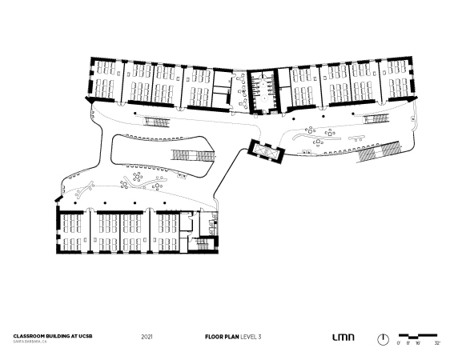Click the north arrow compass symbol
point(383,339)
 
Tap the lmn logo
point(343,337)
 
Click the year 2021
point(147,337)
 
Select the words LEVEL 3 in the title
point(251,337)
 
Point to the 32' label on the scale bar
point(437,343)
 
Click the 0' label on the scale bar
point(398,343)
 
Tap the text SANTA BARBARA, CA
point(30,342)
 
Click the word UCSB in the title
point(86,336)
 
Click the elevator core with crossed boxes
point(266,151)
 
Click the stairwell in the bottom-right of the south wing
point(203,246)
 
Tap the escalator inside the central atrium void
point(193,155)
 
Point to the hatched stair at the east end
point(380,151)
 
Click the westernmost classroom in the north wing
point(107,80)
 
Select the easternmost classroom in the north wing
point(395,79)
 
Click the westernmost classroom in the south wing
point(74,233)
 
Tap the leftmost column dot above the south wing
point(75,203)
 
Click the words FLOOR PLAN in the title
point(222,337)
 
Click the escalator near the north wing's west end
point(157,122)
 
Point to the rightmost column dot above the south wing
point(165,203)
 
